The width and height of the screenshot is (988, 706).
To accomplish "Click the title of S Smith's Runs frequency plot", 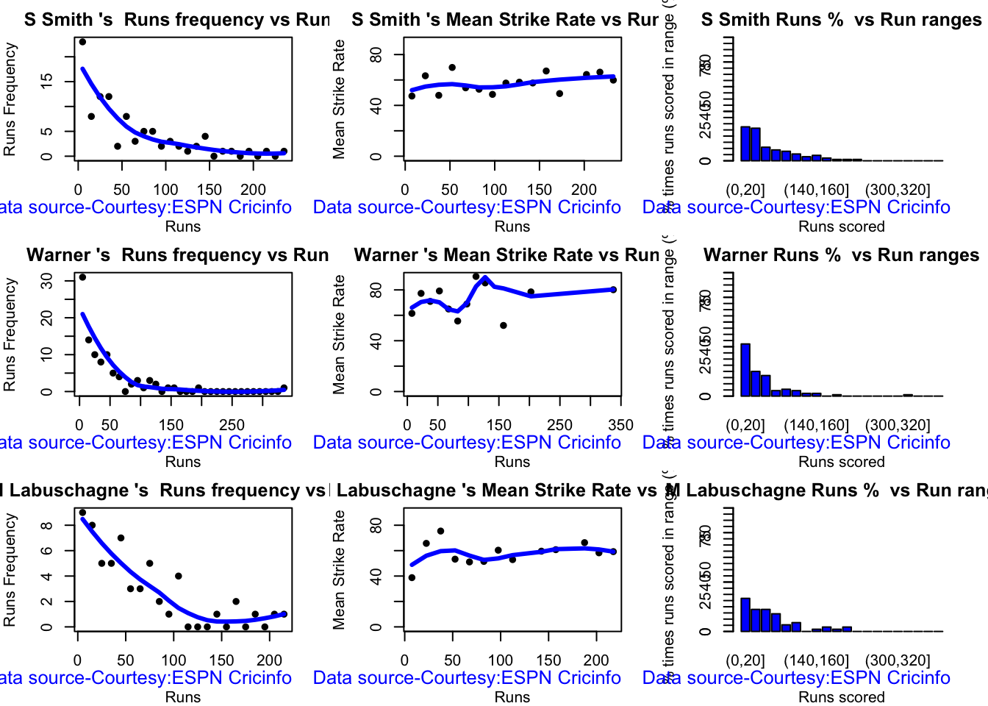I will pos(176,20).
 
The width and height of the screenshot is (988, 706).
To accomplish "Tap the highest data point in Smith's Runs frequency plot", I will pos(82,42).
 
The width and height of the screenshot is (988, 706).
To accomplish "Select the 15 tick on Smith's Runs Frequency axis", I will pos(47,80).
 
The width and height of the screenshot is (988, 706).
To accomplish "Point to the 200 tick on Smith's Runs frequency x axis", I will pos(254,190).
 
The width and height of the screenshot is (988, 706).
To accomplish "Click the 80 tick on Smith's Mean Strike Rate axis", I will pos(376,55).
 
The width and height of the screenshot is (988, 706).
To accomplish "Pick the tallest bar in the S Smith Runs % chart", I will pos(745,143).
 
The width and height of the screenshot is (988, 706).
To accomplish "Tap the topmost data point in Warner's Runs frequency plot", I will pos(82,277).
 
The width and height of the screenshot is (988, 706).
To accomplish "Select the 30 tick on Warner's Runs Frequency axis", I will pos(47,281).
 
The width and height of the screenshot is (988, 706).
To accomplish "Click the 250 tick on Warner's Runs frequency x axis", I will pos(232,425).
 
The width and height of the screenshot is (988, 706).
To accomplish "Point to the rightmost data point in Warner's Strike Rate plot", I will pos(613,290).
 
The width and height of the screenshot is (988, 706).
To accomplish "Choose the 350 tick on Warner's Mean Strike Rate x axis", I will pos(620,425).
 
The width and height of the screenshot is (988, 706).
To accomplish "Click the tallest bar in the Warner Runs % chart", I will pos(745,370).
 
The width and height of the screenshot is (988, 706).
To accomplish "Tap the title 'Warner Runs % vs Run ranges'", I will pos(841,255).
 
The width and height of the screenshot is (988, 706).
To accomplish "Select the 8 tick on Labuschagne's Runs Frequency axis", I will pos(47,525).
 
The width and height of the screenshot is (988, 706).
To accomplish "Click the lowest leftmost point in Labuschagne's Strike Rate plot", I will pos(412,577).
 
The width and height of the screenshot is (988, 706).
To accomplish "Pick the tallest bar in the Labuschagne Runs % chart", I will pos(745,615).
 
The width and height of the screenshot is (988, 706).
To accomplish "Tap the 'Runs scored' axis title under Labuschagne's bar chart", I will pos(841,696).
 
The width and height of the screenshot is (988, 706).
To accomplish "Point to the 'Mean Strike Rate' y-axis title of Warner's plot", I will pos(339,335).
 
